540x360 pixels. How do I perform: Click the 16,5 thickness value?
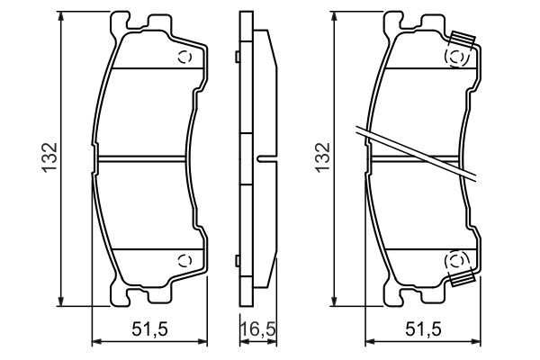[x=256, y=330]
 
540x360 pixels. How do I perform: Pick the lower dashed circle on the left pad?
[x=185, y=261]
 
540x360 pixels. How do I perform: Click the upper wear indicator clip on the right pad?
[x=462, y=41]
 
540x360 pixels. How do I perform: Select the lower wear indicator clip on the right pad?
[x=462, y=279]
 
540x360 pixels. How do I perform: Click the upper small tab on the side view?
[x=236, y=58]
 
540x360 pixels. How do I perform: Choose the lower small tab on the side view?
[x=236, y=261]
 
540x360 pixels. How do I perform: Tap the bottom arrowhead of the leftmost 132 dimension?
[x=62, y=302]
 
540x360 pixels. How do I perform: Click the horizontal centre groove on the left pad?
[x=144, y=159]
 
